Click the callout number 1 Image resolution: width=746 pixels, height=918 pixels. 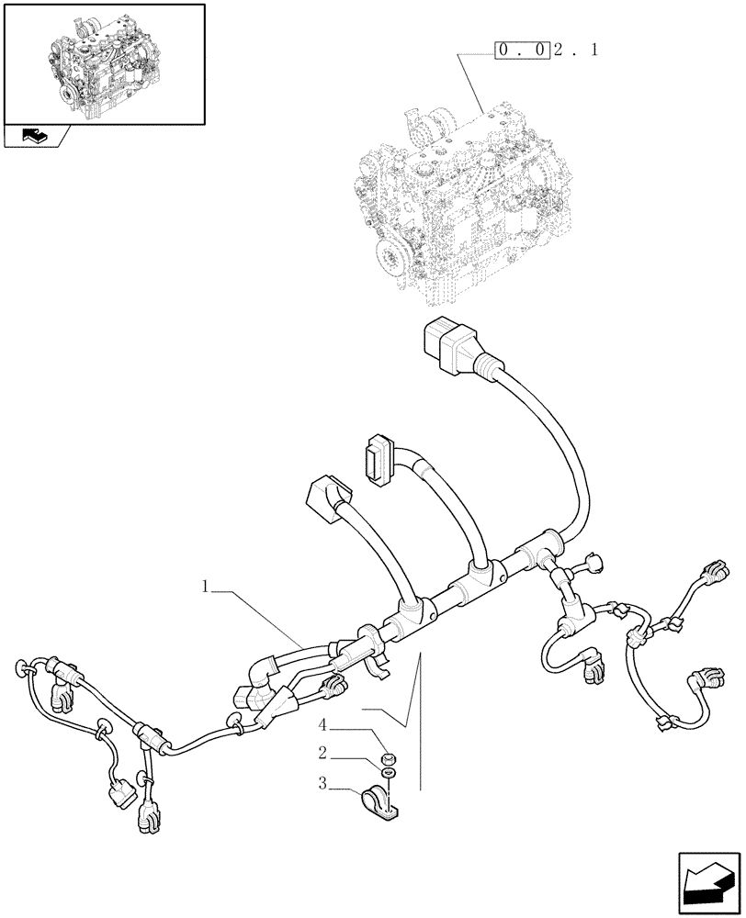[207, 584]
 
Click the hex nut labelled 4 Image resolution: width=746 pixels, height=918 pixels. [388, 759]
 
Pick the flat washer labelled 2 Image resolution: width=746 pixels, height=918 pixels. [390, 777]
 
